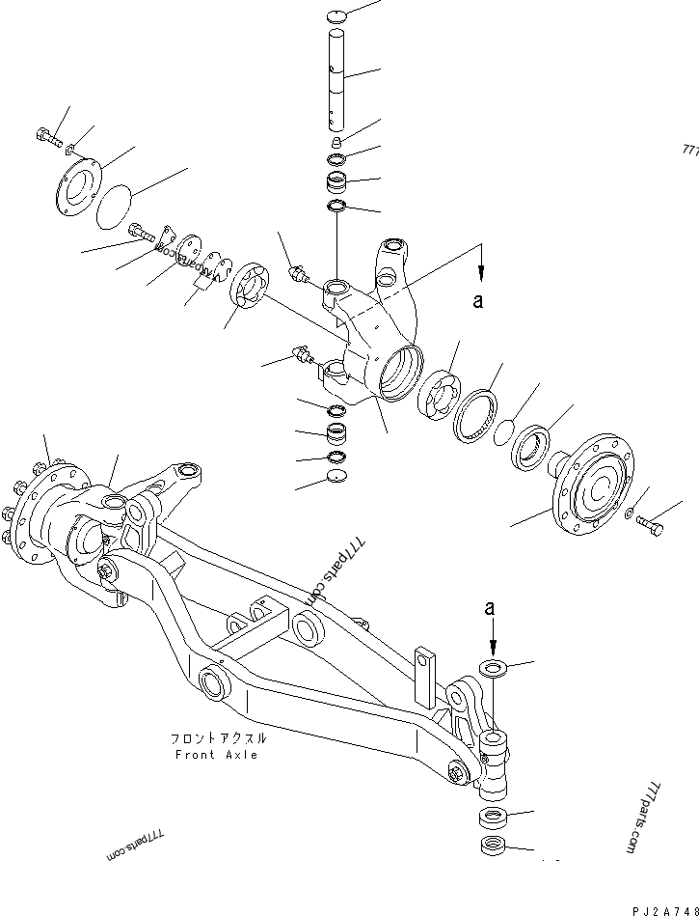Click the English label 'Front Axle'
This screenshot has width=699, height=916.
(x=217, y=755)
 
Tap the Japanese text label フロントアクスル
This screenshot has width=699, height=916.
(x=218, y=738)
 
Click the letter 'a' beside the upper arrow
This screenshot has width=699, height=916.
(x=476, y=301)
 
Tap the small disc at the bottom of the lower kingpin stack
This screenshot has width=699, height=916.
(x=336, y=477)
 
